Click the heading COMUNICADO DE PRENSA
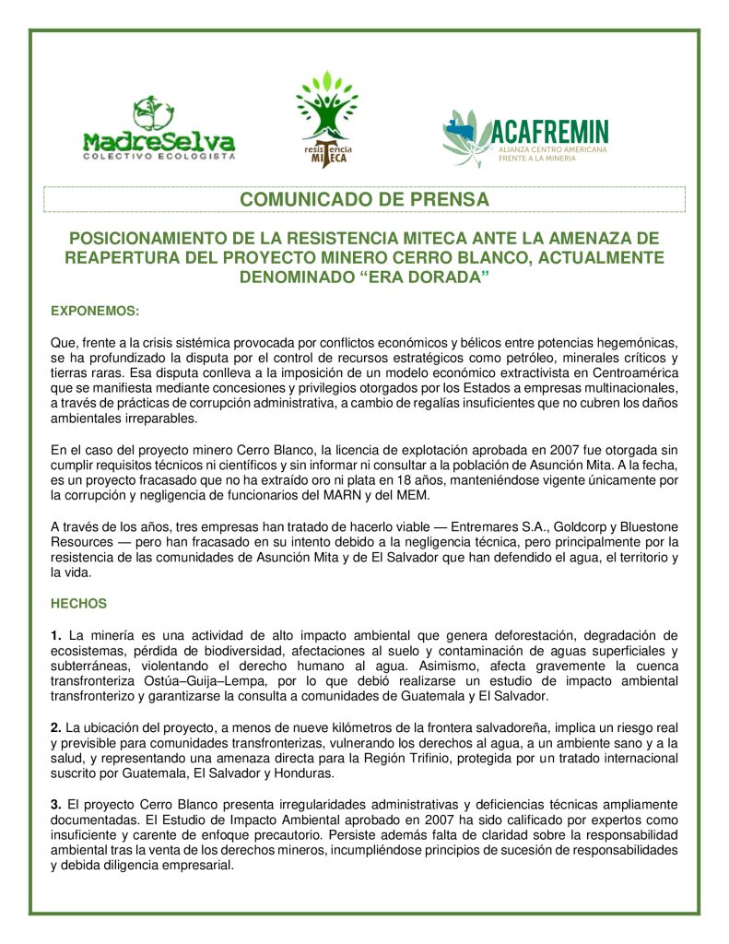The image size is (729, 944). coord(364,199)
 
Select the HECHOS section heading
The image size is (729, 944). coord(78,604)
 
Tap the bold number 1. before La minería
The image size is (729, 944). coord(56,635)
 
